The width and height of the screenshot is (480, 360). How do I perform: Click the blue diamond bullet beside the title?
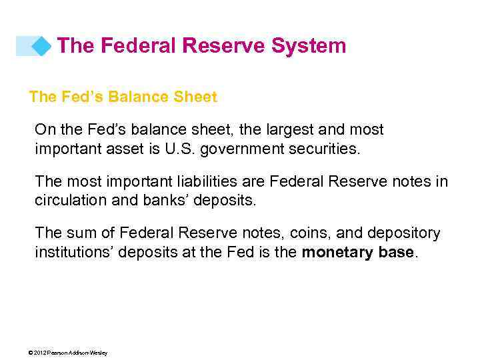(41, 46)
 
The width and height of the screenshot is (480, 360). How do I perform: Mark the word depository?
(402, 233)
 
